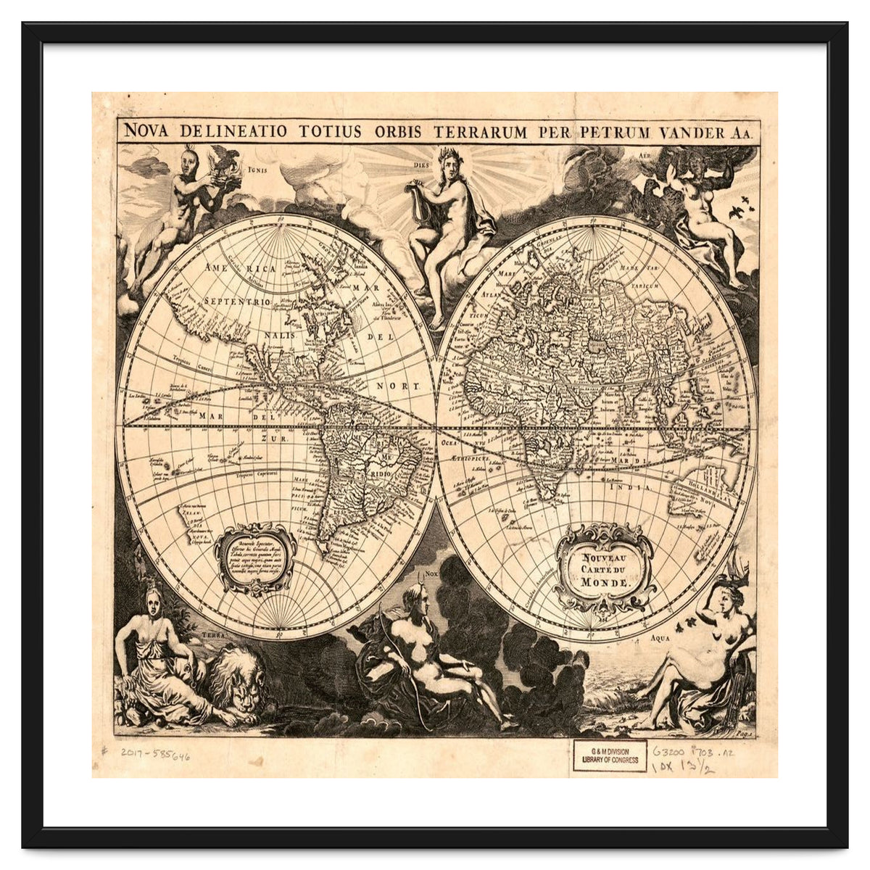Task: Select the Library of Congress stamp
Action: (x=610, y=755)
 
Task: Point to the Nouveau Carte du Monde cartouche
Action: (x=605, y=568)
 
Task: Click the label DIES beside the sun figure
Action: (x=422, y=165)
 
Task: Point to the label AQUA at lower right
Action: (x=660, y=639)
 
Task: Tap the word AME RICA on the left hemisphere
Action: (x=240, y=268)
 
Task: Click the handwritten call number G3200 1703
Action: (x=693, y=753)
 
